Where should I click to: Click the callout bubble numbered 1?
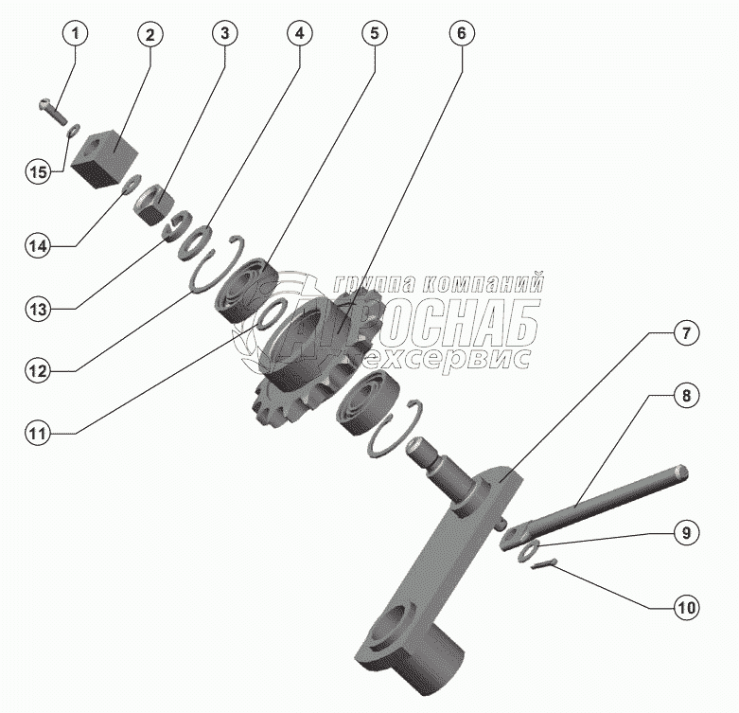tap(77, 33)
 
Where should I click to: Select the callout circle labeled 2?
tap(150, 33)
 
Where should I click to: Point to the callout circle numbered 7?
tap(686, 332)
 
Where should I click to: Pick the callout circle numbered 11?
tap(37, 435)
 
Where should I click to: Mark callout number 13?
tap(37, 308)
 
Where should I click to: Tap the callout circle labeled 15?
tap(37, 172)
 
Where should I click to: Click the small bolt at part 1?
tap(49, 111)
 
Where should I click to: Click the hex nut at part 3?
tap(152, 204)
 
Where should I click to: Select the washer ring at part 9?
tap(528, 550)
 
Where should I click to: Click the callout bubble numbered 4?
tap(298, 33)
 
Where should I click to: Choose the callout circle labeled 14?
tap(37, 246)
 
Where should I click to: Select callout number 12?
tap(37, 370)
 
